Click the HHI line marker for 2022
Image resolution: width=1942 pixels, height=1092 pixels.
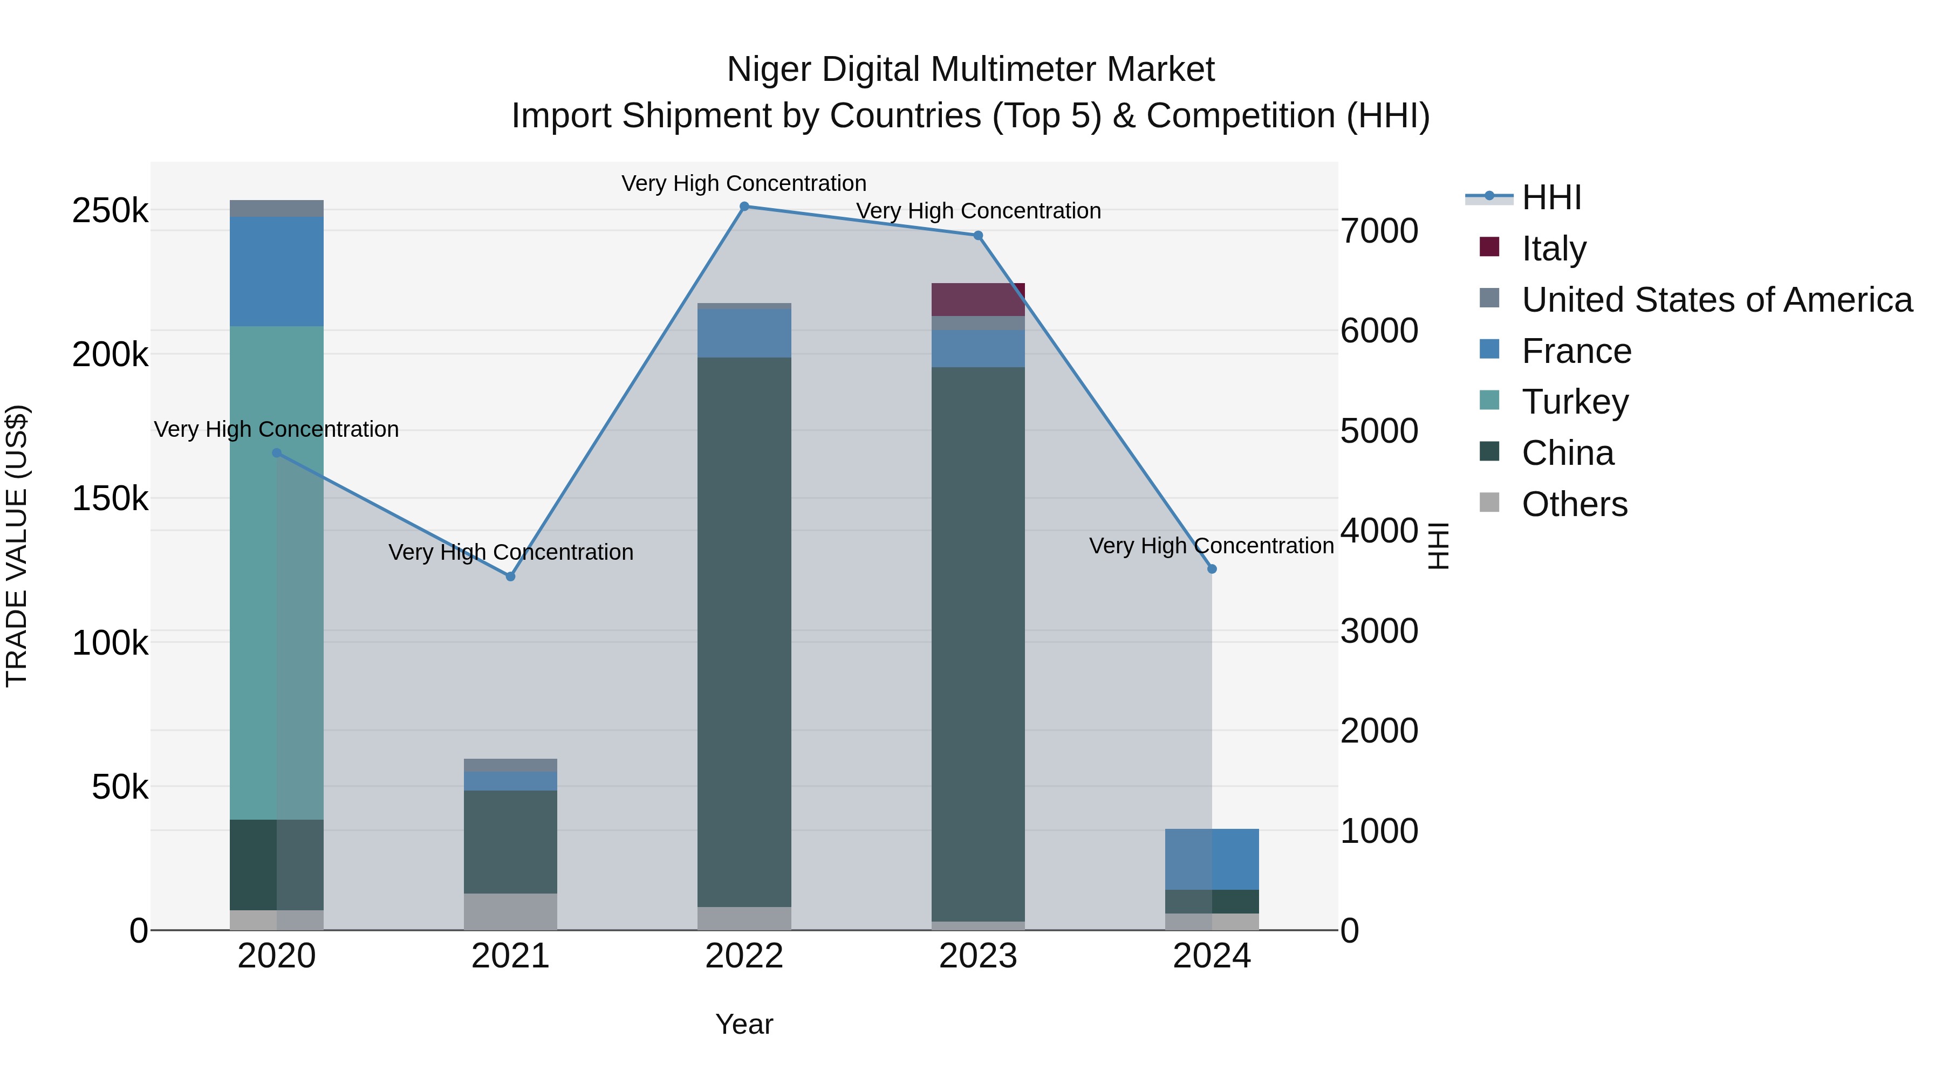point(744,207)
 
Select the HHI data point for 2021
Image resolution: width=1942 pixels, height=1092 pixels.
point(510,576)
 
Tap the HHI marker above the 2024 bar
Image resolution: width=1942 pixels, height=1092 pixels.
point(1212,569)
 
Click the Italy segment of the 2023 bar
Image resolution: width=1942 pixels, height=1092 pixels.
point(978,300)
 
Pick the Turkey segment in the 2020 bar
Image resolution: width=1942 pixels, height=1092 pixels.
point(276,573)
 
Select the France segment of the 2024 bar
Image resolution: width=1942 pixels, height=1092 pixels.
point(1212,859)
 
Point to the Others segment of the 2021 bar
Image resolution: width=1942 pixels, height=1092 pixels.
point(510,911)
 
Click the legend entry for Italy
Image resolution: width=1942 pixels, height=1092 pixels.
point(1553,249)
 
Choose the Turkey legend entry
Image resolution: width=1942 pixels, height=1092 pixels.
point(1574,402)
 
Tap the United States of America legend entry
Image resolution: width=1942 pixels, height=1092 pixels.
point(1716,300)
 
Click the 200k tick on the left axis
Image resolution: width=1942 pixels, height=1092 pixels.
point(110,355)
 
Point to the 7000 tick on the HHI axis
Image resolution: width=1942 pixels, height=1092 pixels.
point(1379,231)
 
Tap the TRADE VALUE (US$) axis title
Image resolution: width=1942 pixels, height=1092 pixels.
point(17,546)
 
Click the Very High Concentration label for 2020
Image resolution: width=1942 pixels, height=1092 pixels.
point(276,430)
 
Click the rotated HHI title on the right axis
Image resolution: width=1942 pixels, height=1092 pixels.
point(1438,546)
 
